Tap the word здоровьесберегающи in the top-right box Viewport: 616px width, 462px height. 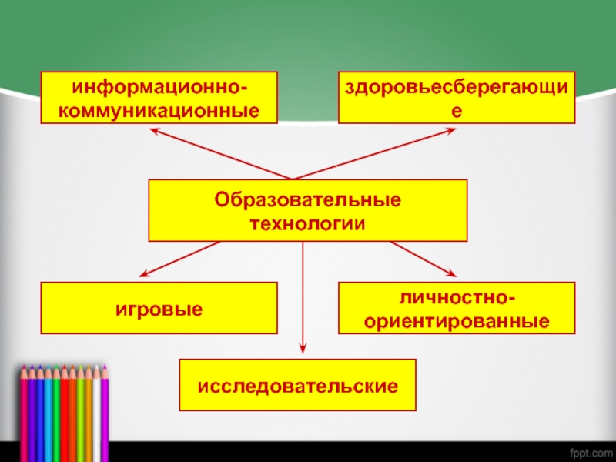pos(457,86)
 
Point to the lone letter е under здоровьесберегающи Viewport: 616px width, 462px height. pos(457,110)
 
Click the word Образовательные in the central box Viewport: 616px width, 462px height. pos(307,199)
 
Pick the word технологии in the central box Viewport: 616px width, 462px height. pos(307,223)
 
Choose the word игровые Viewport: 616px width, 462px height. pos(159,308)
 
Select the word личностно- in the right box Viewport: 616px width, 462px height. pos(457,296)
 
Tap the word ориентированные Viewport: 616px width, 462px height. pos(457,320)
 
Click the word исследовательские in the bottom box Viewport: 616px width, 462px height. pos(297,384)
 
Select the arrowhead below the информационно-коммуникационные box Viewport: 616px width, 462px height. pos(154,131)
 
